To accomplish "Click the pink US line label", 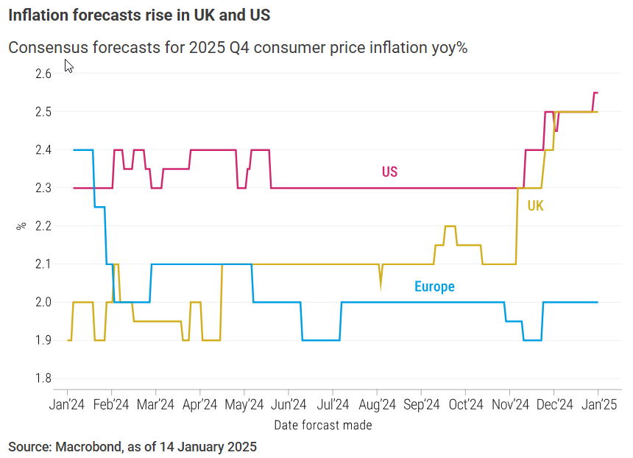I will [389, 172].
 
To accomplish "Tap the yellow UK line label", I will [535, 206].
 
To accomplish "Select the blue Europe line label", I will [434, 286].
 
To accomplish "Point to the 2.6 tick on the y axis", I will [43, 74].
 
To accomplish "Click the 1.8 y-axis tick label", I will [43, 378].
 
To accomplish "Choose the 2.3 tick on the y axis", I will [43, 188].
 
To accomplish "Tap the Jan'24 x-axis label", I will [68, 404].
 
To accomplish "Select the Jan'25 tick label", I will [598, 404].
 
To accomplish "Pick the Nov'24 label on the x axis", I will [510, 404].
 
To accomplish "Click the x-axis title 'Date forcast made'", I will [322, 425].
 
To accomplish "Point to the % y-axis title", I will [21, 225].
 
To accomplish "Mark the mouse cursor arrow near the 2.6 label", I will [68, 66].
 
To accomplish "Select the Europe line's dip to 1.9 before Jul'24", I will [321, 340].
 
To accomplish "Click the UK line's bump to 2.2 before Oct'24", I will [450, 226].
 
